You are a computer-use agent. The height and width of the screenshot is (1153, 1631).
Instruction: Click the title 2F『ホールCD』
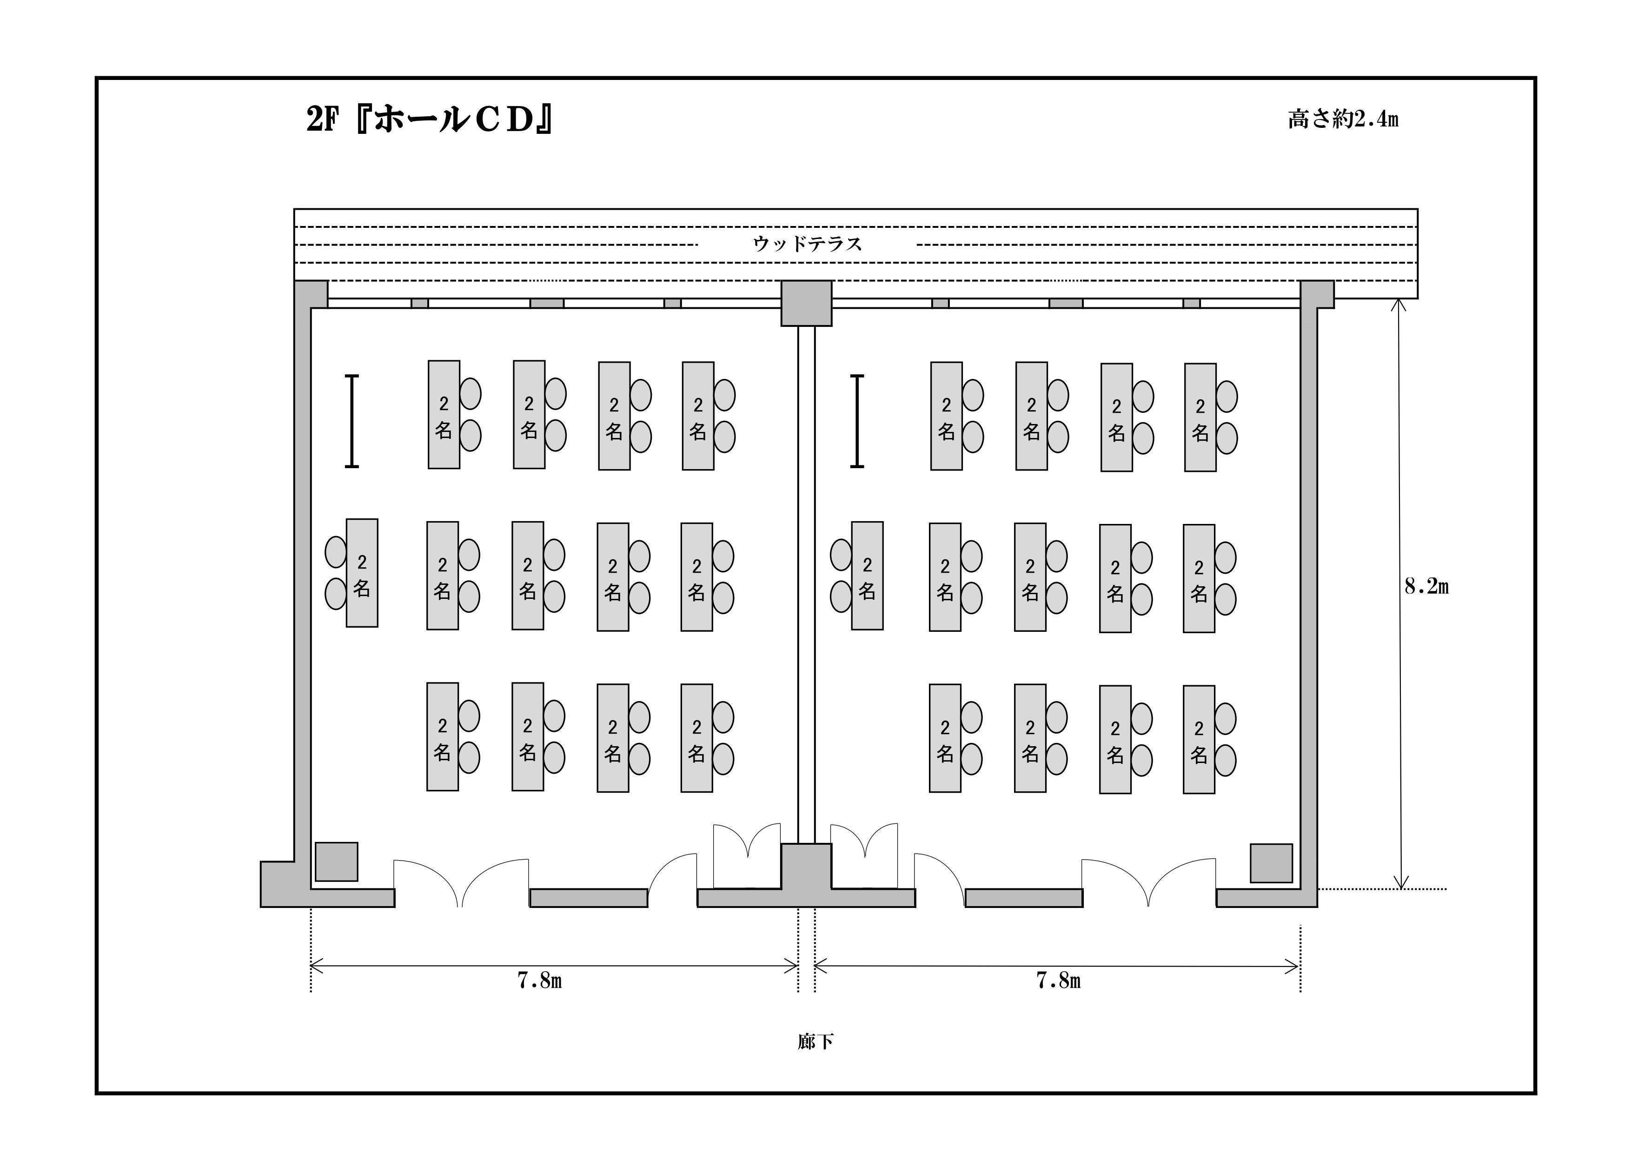click(x=430, y=119)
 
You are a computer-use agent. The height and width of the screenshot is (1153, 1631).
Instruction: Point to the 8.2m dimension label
click(x=1426, y=586)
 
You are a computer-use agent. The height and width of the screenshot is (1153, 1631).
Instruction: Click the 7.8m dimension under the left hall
click(x=540, y=981)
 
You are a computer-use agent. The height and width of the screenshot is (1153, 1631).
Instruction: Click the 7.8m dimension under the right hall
click(x=1059, y=981)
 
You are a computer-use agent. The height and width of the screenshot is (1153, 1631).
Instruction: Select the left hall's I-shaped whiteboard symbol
click(x=351, y=421)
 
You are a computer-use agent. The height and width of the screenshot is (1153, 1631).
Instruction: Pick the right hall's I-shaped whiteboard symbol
click(x=857, y=421)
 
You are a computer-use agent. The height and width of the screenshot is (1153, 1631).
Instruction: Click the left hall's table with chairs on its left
click(x=362, y=573)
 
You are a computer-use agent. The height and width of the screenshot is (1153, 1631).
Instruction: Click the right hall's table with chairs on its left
click(x=868, y=576)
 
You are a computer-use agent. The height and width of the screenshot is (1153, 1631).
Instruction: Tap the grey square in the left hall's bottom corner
click(x=337, y=862)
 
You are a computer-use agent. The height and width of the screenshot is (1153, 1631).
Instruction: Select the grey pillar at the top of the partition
click(x=806, y=303)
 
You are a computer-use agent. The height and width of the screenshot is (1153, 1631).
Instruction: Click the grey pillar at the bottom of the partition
click(x=806, y=867)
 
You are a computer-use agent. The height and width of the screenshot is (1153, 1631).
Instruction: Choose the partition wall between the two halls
click(x=806, y=585)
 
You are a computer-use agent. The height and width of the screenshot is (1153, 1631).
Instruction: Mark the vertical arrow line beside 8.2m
click(x=1400, y=593)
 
